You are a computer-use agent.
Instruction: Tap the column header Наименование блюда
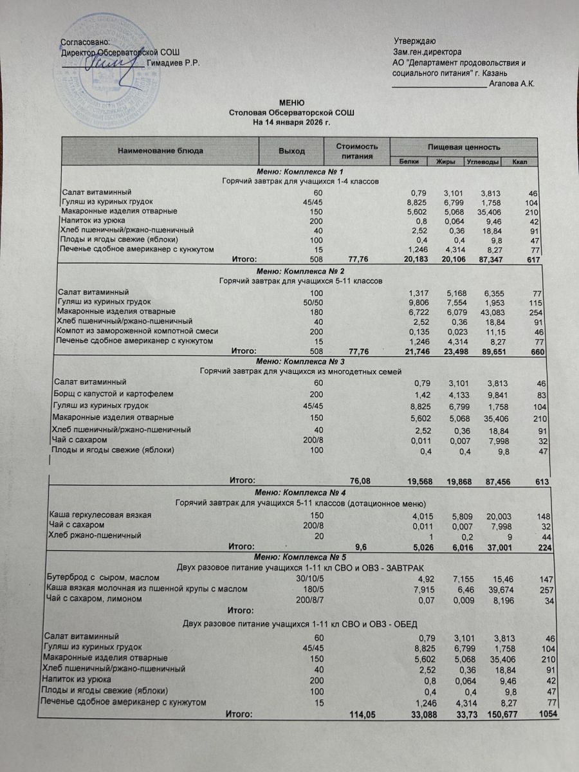click(160, 151)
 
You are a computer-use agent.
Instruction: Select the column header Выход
click(291, 151)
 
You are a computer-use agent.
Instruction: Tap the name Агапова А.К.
click(512, 84)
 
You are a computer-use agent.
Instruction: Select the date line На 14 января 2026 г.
click(291, 122)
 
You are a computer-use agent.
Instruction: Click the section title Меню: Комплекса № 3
click(300, 362)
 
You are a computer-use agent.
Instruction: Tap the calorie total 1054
click(547, 713)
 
